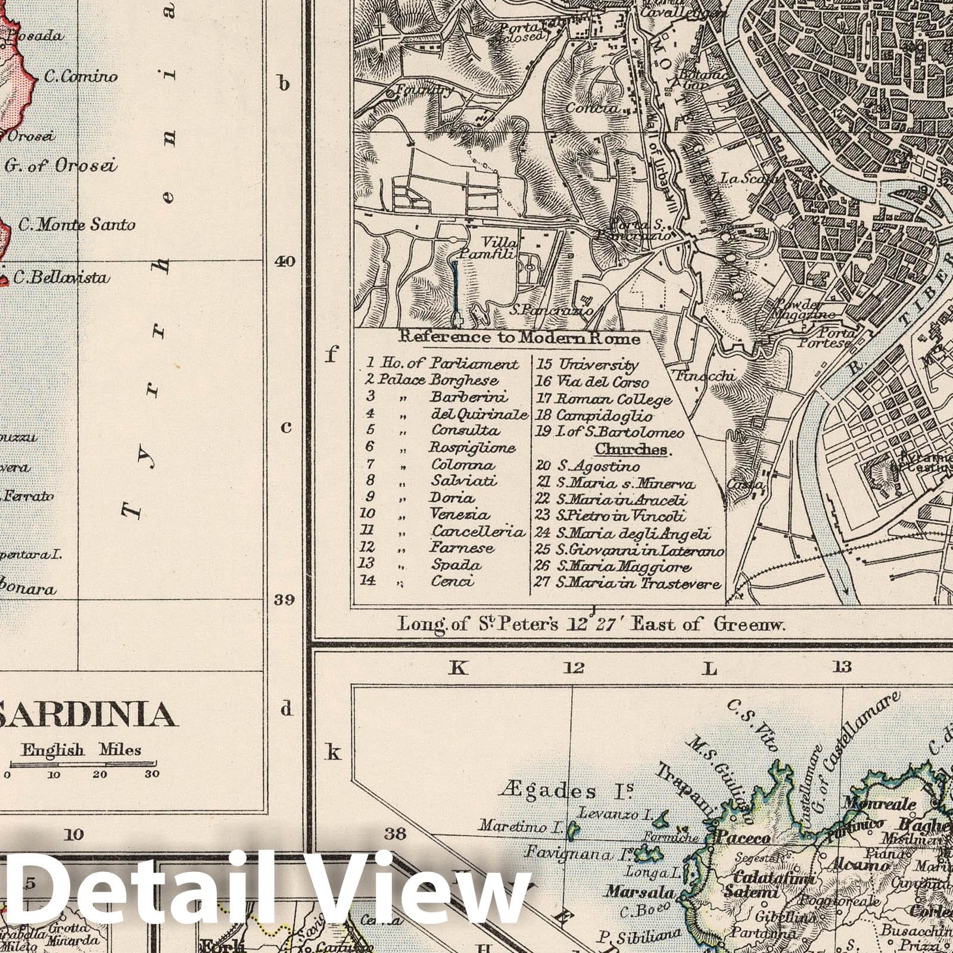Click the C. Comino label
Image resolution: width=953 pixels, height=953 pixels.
point(80,77)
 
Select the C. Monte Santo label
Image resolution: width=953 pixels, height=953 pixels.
point(77,225)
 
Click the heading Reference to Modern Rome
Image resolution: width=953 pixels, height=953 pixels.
point(519,338)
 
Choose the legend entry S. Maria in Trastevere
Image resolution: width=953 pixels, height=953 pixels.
point(628,583)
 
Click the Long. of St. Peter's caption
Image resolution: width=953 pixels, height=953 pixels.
point(592,625)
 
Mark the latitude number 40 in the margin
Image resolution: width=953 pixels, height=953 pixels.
point(285,261)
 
